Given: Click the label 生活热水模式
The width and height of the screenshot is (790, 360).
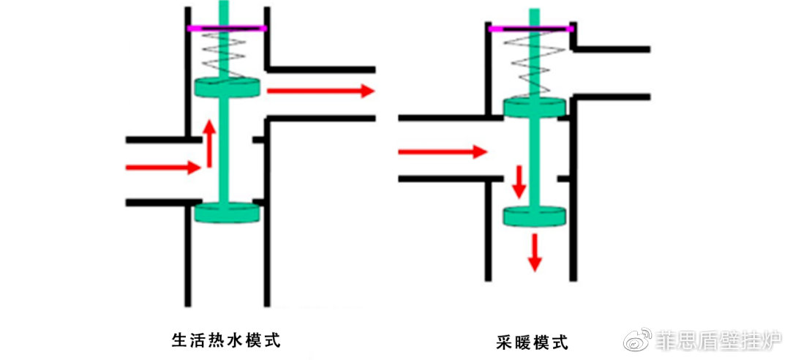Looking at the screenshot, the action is pyautogui.click(x=226, y=340).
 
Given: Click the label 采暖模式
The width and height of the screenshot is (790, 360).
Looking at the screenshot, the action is pyautogui.click(x=532, y=343).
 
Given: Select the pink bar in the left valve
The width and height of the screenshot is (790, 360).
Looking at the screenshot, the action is pyautogui.click(x=227, y=29).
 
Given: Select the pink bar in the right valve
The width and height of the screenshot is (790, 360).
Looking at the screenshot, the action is pyautogui.click(x=530, y=29).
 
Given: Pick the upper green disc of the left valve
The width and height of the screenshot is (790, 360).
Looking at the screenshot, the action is pyautogui.click(x=227, y=88).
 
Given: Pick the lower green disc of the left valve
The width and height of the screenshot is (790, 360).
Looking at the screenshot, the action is pyautogui.click(x=227, y=213).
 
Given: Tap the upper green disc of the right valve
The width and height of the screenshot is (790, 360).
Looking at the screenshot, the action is pyautogui.click(x=535, y=108).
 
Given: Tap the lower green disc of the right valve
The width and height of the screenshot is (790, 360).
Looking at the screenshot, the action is pyautogui.click(x=535, y=216).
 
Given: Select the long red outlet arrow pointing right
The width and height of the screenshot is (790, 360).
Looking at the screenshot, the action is pyautogui.click(x=320, y=91).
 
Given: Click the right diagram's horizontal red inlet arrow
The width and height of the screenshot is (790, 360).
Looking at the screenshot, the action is pyautogui.click(x=443, y=151).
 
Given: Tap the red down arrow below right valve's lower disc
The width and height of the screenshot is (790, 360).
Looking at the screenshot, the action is pyautogui.click(x=535, y=252).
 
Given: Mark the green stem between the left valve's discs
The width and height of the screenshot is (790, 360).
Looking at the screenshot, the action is pyautogui.click(x=224, y=150).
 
